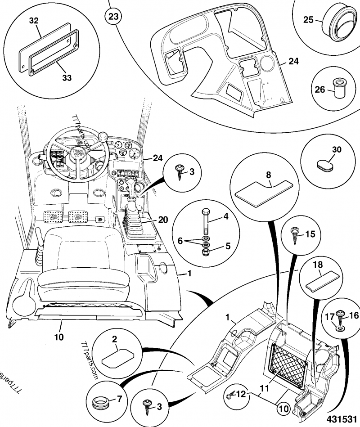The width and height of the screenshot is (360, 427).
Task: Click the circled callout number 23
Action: click(114, 17)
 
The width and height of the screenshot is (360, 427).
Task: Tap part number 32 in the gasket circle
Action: click(34, 21)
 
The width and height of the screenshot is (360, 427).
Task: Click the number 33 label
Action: click(67, 77)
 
